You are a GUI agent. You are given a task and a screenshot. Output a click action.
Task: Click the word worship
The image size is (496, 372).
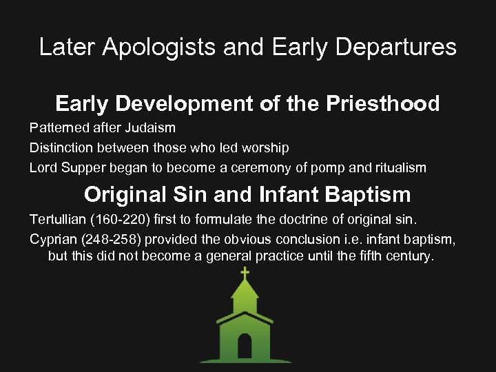[265, 147]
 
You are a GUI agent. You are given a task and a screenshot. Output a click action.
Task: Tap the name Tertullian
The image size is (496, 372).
[57, 220]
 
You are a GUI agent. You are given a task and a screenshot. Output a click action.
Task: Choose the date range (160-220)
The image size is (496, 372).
[119, 220]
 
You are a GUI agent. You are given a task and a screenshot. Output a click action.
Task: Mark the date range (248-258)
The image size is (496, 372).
[115, 239]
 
